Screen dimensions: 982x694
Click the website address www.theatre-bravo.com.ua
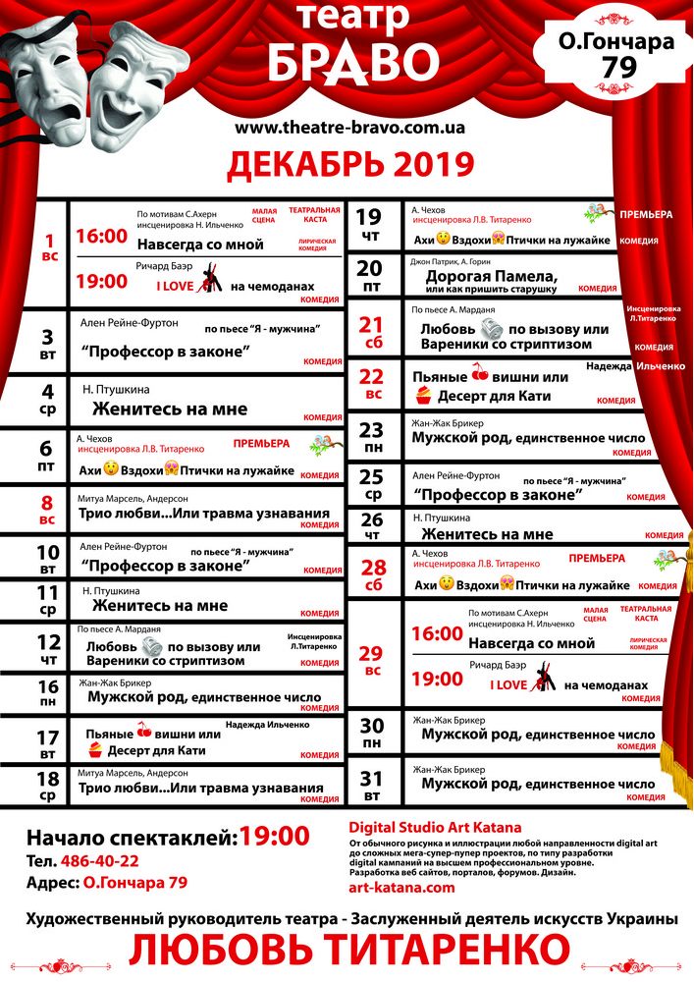coord(350,128)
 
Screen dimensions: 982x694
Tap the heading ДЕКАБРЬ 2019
coord(350,166)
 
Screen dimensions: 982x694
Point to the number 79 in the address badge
coord(615,67)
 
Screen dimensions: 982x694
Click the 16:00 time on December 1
coord(101,237)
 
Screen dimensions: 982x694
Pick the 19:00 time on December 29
coord(437,679)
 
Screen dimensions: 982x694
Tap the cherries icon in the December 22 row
coord(480,371)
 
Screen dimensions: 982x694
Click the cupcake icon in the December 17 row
coord(94,750)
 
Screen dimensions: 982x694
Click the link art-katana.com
coord(402,887)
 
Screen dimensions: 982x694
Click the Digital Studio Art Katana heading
coord(436,827)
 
